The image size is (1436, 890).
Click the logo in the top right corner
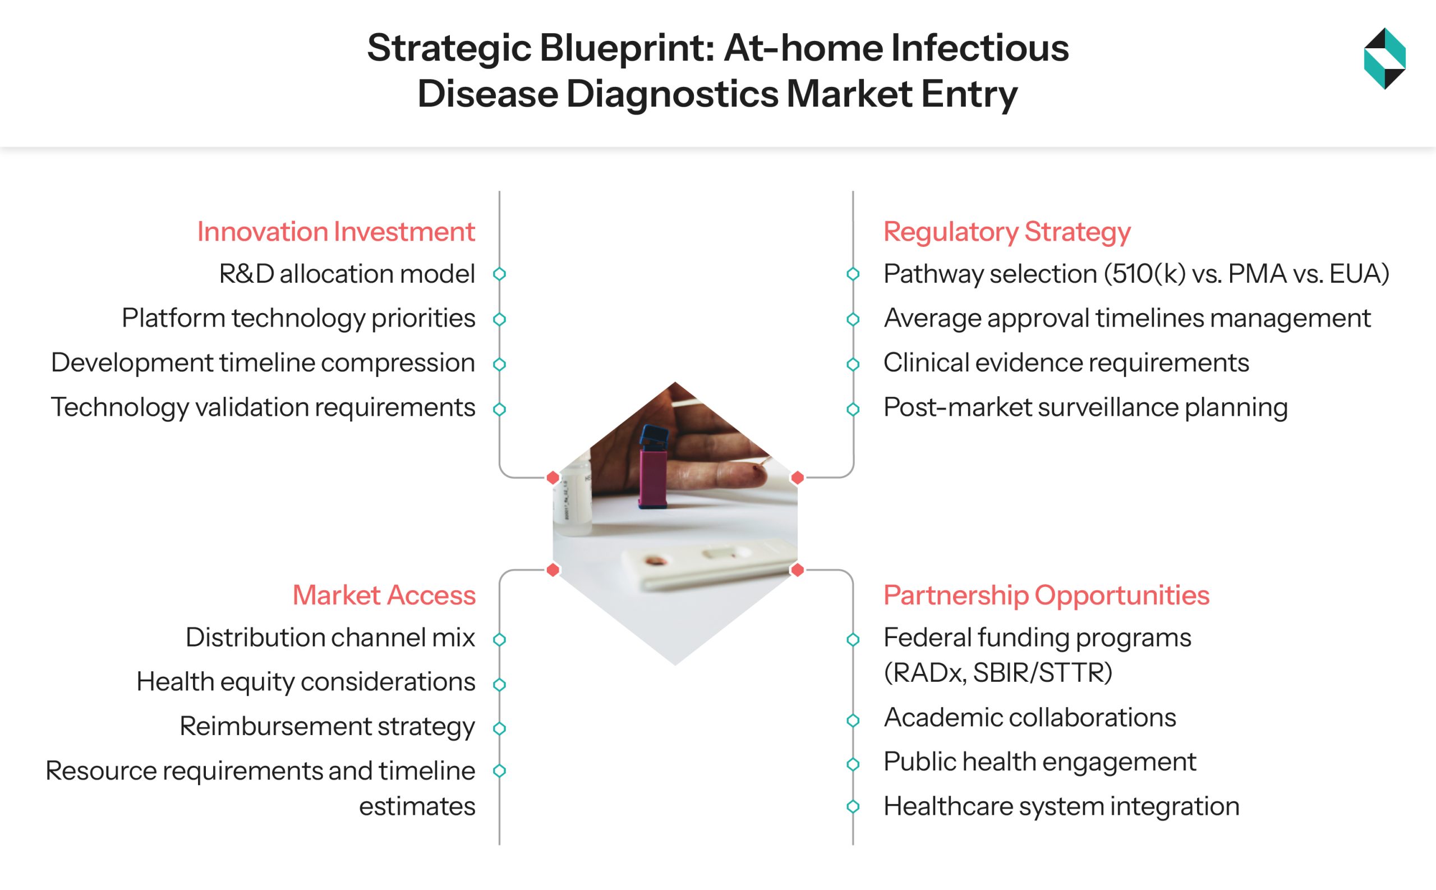coord(1384,58)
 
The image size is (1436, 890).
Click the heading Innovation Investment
coord(335,231)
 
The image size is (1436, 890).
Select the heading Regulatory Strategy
coord(1006,231)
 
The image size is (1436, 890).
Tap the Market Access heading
coord(384,595)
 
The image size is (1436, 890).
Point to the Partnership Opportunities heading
coord(1046,595)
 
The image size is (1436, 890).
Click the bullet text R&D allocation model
coord(347,274)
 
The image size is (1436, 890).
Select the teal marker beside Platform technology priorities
coord(499,319)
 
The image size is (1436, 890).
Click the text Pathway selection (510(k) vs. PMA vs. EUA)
coord(1136,274)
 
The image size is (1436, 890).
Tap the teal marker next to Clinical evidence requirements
coord(853,364)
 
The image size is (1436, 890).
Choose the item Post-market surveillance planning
coord(1085,407)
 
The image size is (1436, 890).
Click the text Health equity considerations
coord(305,682)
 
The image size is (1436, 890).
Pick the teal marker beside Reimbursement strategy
coord(499,728)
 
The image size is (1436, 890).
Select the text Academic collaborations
coord(1029,718)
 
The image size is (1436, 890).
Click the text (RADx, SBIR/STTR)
coord(998,672)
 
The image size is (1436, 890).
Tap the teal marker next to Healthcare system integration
coord(853,806)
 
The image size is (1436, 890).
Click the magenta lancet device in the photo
coord(653,477)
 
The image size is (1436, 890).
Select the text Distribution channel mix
coord(330,637)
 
